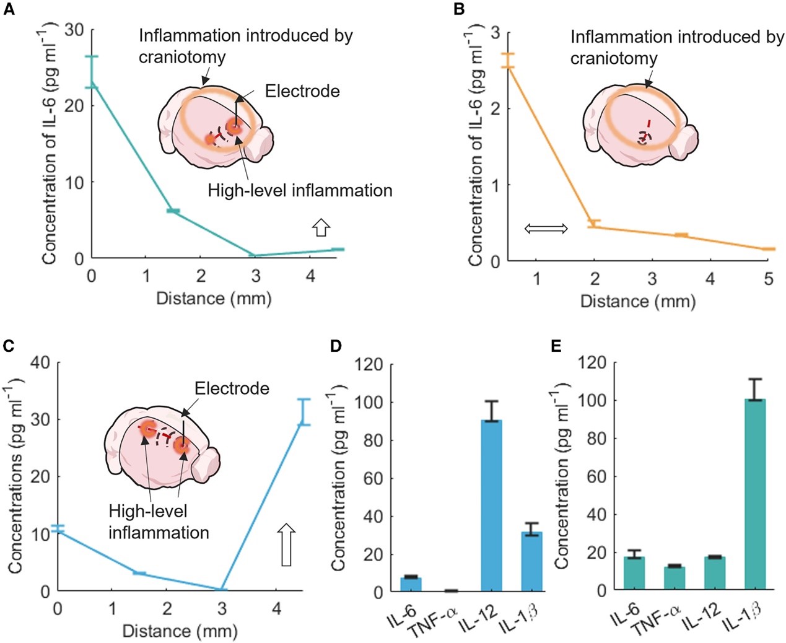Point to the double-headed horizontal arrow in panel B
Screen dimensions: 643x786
coord(546,229)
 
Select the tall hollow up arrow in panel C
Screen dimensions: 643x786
coord(286,544)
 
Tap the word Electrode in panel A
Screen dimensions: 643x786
coord(302,92)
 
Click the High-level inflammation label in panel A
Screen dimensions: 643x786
coord(300,190)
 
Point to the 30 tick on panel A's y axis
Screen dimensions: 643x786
coord(74,30)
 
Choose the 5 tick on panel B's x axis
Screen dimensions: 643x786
coord(768,279)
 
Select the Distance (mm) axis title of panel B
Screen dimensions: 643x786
coord(638,302)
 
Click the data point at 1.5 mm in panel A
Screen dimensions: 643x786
coord(173,212)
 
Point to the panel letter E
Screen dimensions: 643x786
coord(556,346)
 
